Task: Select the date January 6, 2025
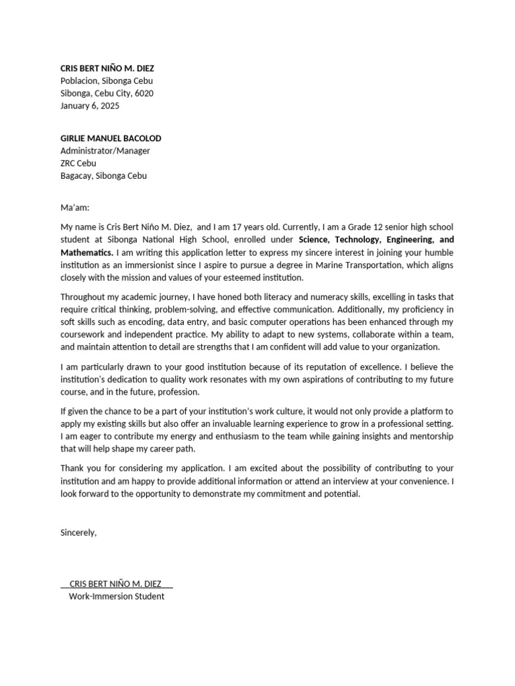click(90, 106)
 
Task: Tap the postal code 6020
click(144, 93)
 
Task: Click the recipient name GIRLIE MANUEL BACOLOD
click(111, 138)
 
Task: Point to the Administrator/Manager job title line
click(105, 151)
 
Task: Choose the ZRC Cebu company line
click(78, 163)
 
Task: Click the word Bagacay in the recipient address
click(76, 176)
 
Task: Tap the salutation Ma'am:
click(74, 208)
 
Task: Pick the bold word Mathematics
click(87, 253)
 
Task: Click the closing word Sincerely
click(78, 533)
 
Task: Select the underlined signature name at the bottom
click(115, 584)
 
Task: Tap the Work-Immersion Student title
click(116, 596)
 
